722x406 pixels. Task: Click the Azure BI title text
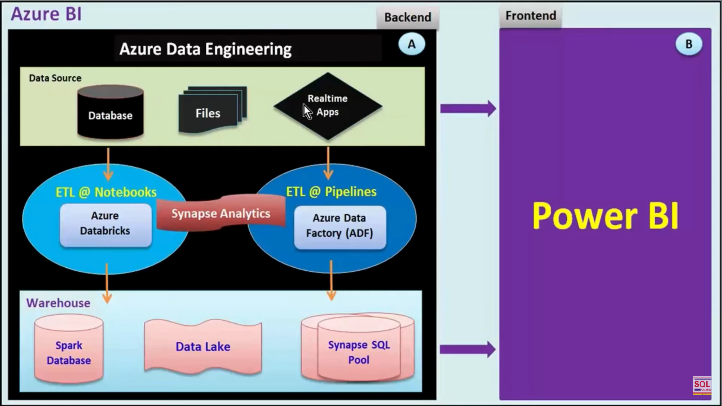click(46, 14)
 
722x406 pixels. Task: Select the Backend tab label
click(408, 17)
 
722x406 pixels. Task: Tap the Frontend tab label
click(530, 16)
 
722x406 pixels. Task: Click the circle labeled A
click(412, 44)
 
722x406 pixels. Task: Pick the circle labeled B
click(689, 44)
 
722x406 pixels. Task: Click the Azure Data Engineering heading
click(205, 49)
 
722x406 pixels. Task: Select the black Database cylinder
click(110, 113)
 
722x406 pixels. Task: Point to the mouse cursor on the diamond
click(307, 112)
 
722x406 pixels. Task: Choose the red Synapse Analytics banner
click(221, 213)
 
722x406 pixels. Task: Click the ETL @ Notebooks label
click(106, 192)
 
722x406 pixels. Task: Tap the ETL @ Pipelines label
click(331, 192)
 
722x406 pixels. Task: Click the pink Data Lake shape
click(203, 347)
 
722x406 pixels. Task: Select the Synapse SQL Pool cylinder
click(358, 350)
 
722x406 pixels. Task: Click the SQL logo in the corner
click(702, 385)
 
